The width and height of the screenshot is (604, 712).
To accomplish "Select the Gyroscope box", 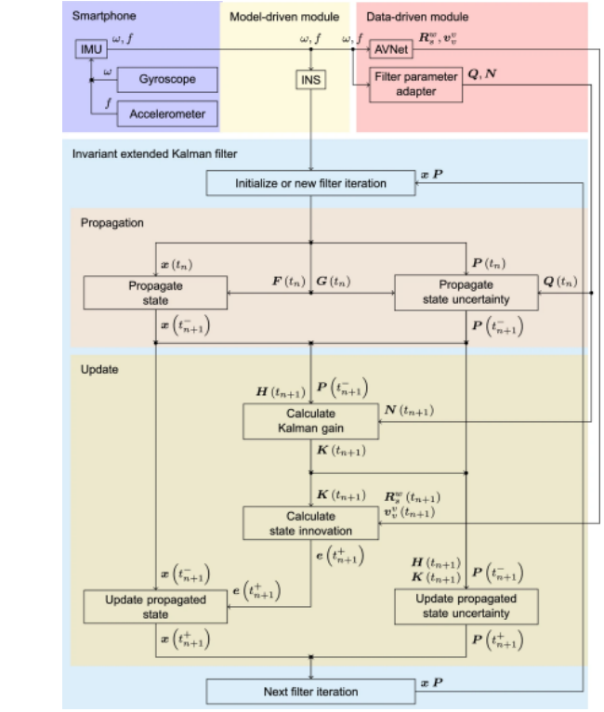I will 167,79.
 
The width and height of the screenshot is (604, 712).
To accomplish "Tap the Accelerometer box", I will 167,114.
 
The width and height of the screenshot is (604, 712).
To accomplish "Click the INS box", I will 310,81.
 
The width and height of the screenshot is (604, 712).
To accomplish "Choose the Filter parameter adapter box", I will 415,85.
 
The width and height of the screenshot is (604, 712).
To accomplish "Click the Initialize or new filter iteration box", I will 310,183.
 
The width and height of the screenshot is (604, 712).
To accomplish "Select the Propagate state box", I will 155,292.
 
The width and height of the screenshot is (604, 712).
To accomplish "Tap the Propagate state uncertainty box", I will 466,292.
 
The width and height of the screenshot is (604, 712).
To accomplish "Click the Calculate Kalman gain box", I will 310,420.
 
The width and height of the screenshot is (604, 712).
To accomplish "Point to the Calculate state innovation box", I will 310,523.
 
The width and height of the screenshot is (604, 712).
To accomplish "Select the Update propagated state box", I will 155,606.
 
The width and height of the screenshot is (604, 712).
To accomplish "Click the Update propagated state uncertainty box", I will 466,606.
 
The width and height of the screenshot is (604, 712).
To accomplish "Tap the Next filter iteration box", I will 310,692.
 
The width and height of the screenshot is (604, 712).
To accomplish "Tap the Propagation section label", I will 112,223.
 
